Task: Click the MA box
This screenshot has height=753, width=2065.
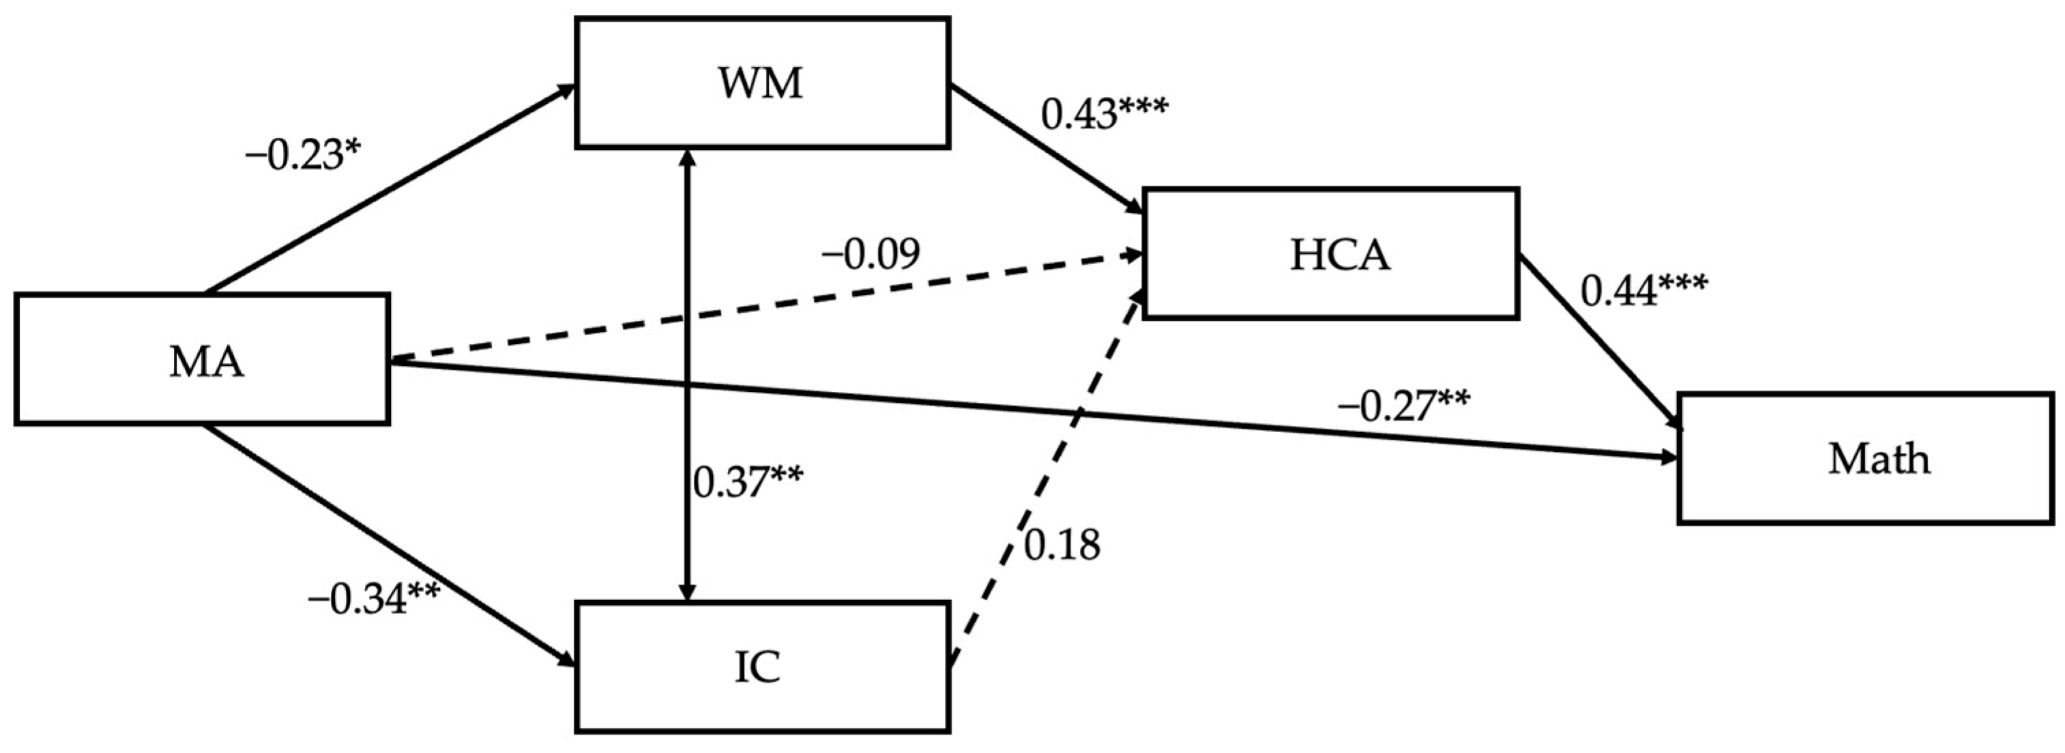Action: pyautogui.click(x=202, y=358)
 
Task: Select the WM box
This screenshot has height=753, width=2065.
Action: pyautogui.click(x=762, y=83)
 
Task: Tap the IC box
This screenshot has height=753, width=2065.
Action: pyautogui.click(x=762, y=667)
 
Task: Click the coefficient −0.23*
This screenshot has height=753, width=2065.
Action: pyautogui.click(x=303, y=154)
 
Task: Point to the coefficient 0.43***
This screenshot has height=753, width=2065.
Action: pyautogui.click(x=1104, y=114)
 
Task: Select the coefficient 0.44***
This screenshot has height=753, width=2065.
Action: pyautogui.click(x=1643, y=290)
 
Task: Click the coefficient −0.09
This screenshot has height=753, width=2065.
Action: pyautogui.click(x=870, y=255)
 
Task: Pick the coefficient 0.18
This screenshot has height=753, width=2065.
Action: pyautogui.click(x=1062, y=546)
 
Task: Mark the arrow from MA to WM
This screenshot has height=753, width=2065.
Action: pyautogui.click(x=385, y=188)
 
